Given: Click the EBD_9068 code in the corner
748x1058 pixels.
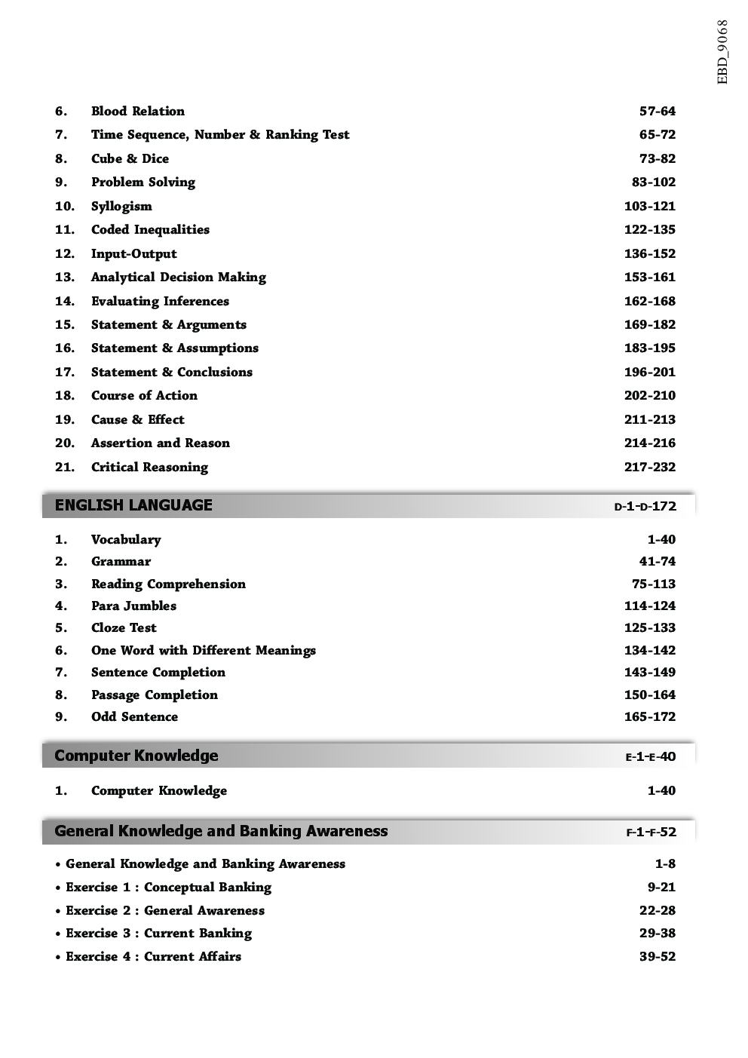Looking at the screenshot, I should [722, 51].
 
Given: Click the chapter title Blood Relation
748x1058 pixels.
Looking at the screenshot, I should [137, 111].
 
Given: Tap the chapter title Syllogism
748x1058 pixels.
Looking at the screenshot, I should [121, 206].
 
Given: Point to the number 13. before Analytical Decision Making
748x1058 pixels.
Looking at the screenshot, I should [64, 277].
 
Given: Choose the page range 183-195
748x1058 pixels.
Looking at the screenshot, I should [649, 348].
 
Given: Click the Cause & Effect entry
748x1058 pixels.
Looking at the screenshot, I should [137, 419].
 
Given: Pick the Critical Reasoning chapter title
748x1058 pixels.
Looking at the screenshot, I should [149, 467].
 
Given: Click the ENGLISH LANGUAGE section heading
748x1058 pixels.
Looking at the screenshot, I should [133, 505].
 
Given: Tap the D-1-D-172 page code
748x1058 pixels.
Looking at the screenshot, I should [645, 506].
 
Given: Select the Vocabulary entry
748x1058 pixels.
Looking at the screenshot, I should [126, 539].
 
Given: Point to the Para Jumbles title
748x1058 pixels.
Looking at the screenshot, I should [133, 606].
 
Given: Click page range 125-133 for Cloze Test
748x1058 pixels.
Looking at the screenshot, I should [649, 627].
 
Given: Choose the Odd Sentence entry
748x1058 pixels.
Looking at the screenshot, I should [134, 716].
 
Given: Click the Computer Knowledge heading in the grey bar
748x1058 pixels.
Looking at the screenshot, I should [136, 756].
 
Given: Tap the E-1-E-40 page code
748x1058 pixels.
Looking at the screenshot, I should [650, 756].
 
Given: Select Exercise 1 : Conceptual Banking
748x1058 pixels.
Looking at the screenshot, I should [168, 887].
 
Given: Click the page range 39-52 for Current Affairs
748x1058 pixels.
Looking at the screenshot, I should [657, 956].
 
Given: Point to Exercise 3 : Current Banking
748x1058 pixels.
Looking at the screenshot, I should [158, 933].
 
